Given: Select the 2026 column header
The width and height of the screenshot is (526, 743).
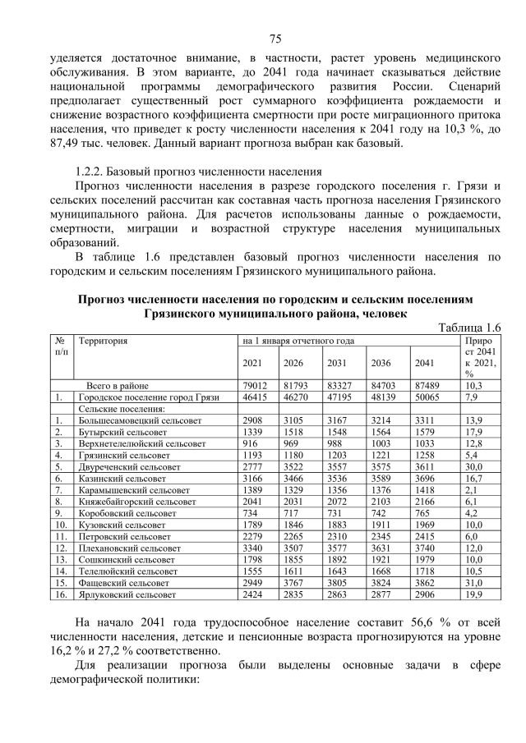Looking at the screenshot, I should [x=293, y=364].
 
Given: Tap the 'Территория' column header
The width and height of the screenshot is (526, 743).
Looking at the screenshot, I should [x=104, y=339].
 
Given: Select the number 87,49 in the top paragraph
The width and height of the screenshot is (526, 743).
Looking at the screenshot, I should [x=67, y=144].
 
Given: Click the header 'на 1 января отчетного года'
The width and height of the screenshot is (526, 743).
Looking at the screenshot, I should [x=298, y=339].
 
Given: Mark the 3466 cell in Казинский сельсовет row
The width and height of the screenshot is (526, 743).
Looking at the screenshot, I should [x=294, y=477].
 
